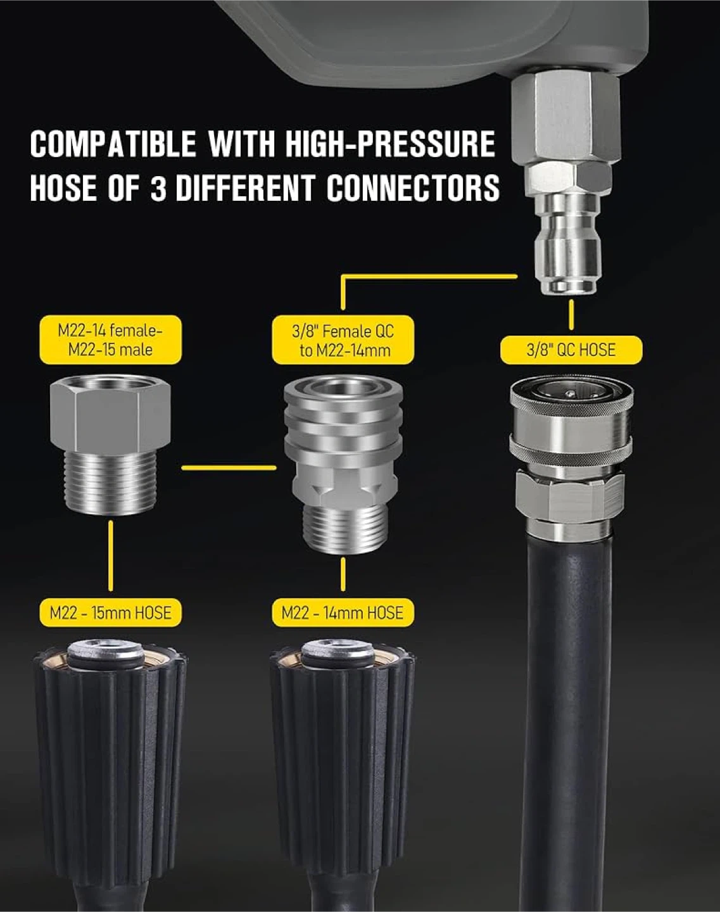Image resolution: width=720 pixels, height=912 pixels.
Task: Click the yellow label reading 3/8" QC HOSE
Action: [x=571, y=350]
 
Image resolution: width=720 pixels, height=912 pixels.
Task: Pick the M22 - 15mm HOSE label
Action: [x=111, y=613]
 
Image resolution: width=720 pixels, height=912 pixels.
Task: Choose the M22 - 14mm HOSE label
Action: [x=343, y=613]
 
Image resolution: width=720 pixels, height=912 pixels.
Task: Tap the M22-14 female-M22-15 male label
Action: [x=111, y=339]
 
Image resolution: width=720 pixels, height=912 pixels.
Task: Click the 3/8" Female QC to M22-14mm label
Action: [x=343, y=339]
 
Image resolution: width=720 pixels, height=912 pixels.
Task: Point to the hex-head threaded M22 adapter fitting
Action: [x=111, y=445]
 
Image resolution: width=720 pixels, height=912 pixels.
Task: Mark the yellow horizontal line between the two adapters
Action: [x=229, y=468]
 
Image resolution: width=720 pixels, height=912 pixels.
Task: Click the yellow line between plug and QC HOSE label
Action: [x=571, y=315]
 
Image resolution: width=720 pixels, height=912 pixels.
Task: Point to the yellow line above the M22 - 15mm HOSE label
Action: [x=111, y=555]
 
